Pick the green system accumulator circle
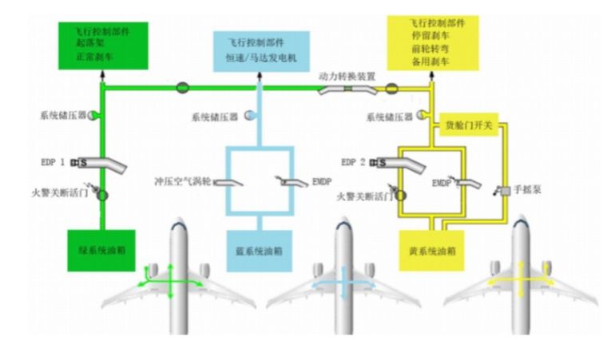[x=93, y=116]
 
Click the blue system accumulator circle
[x=251, y=116]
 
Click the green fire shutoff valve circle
[x=102, y=195]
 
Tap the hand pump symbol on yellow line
[x=504, y=191]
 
